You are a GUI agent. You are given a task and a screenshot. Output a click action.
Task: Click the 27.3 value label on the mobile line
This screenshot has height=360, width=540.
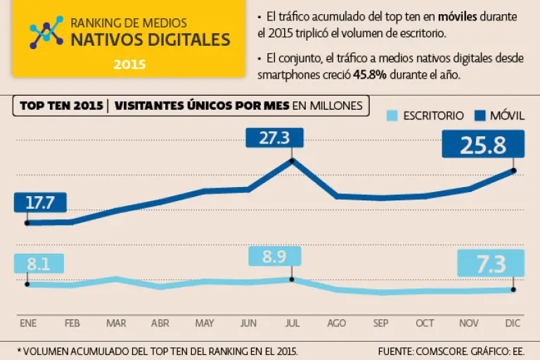click(274, 138)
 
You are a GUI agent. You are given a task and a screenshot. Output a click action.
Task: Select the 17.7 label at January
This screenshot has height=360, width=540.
click(40, 203)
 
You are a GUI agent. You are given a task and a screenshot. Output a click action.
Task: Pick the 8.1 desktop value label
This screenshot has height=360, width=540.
click(38, 264)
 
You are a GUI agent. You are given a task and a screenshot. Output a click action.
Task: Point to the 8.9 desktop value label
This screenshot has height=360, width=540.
click(274, 257)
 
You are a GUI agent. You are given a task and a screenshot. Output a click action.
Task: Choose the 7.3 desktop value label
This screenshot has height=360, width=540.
click(491, 264)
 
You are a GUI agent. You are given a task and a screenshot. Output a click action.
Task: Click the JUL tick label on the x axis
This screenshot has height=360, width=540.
click(292, 323)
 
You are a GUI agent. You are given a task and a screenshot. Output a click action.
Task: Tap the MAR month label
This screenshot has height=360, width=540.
click(116, 323)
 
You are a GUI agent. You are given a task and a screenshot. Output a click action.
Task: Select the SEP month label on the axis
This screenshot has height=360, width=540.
click(381, 323)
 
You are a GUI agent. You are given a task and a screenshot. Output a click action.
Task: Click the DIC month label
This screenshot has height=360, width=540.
click(514, 323)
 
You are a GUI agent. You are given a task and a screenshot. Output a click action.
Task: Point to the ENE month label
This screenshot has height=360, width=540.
click(28, 323)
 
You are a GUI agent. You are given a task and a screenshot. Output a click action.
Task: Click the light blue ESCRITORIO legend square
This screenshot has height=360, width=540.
click(393, 115)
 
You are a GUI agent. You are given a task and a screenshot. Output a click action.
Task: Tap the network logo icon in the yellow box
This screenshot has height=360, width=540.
click(46, 32)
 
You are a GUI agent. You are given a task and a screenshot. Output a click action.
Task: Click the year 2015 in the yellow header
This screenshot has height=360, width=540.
click(129, 64)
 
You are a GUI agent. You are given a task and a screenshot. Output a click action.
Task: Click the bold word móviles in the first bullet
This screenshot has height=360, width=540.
click(457, 16)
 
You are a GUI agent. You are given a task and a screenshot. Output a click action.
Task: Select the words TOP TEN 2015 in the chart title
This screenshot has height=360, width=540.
click(60, 106)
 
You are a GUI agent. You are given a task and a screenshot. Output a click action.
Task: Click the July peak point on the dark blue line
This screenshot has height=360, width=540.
click(292, 160)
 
